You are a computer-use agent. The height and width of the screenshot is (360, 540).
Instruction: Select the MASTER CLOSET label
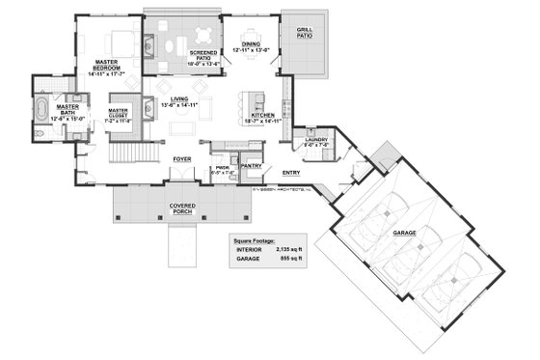123,98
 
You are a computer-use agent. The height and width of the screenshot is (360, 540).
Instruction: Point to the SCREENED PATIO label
203,58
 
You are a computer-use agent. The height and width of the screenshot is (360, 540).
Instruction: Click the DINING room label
251,44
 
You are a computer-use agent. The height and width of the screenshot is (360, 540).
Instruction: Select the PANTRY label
253,166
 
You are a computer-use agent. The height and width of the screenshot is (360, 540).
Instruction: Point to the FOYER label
182,156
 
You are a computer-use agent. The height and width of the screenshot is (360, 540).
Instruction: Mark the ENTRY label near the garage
290,173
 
